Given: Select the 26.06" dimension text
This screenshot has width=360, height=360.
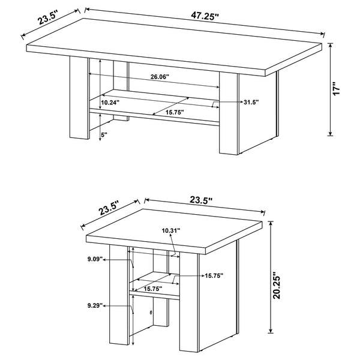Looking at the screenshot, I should coord(160,77).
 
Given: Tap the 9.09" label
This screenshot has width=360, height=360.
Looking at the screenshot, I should coord(94,260).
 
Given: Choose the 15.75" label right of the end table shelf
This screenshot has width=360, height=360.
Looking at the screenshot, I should coord(213,276).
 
